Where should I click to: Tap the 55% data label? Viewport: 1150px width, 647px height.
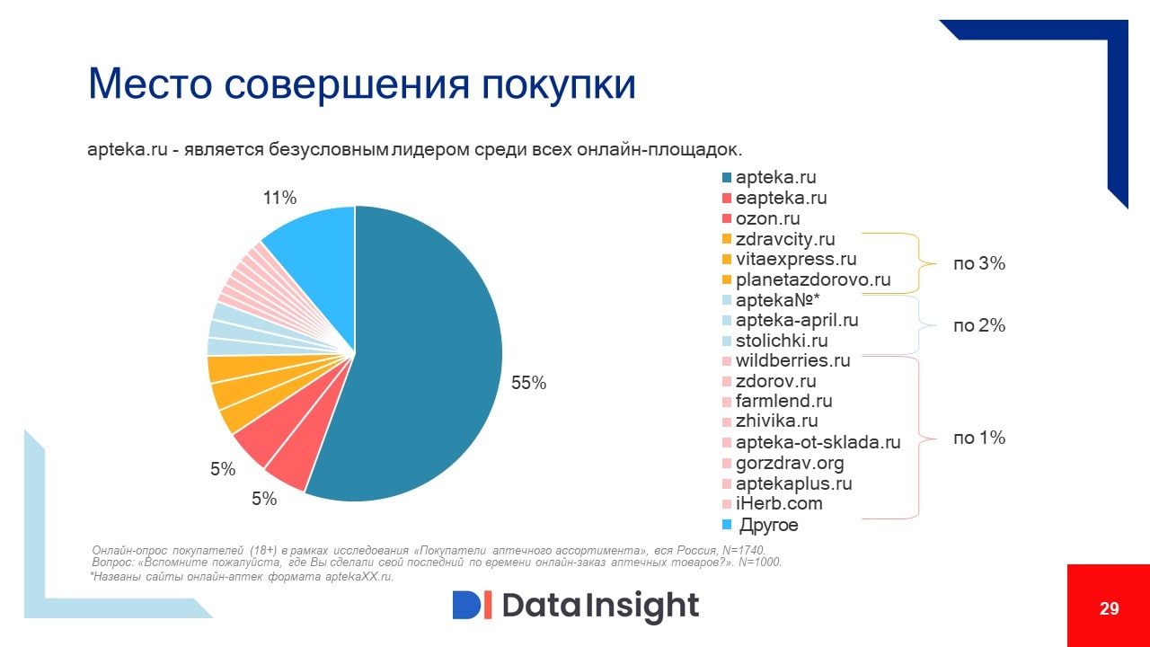point(528,383)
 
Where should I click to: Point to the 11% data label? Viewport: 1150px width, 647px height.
point(279,198)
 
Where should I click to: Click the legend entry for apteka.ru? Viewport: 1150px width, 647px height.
point(775,178)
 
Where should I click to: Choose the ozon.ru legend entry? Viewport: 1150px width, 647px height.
point(767,218)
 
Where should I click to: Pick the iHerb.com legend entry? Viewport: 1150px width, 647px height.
point(778,503)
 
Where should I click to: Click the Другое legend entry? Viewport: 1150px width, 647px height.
point(768,525)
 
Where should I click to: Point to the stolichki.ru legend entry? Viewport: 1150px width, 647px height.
point(781,341)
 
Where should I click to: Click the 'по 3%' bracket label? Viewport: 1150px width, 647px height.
point(978,264)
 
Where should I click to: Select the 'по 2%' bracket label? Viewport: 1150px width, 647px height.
point(978,326)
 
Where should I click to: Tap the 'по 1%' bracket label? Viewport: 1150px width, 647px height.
point(978,439)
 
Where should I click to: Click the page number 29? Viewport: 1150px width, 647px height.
point(1109,608)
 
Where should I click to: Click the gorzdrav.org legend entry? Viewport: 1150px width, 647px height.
point(789,464)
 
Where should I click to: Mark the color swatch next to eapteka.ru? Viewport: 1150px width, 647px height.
point(726,199)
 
